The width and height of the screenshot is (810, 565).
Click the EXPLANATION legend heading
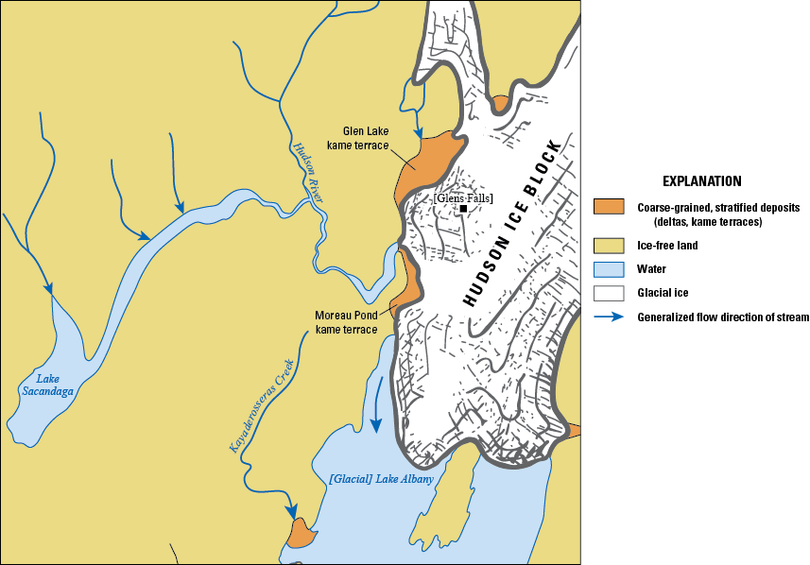[701, 181]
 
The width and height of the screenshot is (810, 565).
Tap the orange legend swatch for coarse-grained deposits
[609, 207]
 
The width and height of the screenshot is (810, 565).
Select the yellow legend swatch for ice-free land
[609, 246]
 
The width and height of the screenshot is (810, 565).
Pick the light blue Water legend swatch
[609, 269]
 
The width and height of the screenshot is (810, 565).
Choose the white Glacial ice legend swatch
[609, 293]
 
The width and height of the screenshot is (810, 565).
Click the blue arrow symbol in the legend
[609, 317]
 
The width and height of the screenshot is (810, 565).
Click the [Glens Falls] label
[463, 197]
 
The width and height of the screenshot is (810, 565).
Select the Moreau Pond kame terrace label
[346, 322]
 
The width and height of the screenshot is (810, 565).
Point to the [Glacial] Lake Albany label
[381, 480]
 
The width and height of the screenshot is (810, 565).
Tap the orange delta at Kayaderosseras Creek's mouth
[300, 533]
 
